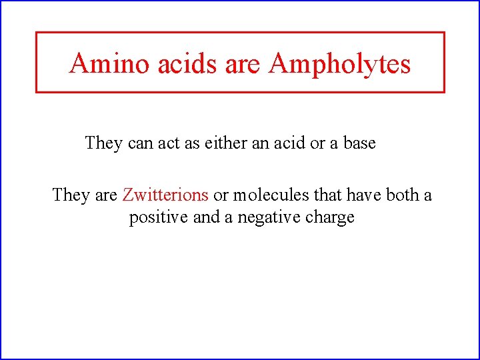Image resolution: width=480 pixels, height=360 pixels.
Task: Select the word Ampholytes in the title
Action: pyautogui.click(x=340, y=64)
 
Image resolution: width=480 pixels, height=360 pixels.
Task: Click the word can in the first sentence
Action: pyautogui.click(x=140, y=143)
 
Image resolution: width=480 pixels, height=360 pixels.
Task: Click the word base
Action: pyautogui.click(x=359, y=143)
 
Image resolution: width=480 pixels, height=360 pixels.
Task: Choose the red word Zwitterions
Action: pyautogui.click(x=165, y=195)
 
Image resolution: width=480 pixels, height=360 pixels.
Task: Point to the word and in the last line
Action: pyautogui.click(x=205, y=217)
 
